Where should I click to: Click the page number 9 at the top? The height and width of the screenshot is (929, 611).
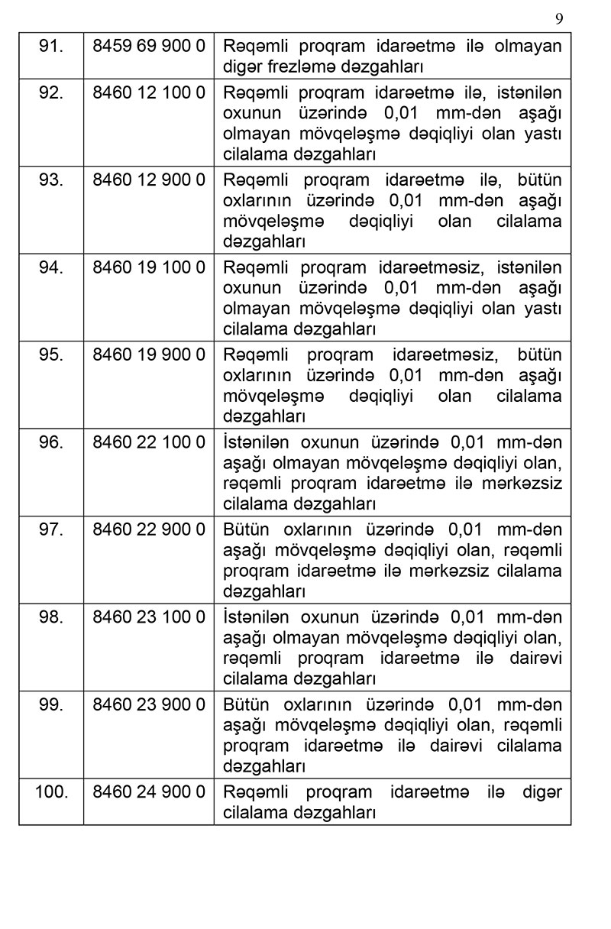coord(559,18)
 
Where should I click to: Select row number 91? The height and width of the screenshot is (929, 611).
coord(50,45)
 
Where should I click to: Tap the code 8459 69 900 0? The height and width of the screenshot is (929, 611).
coord(149,45)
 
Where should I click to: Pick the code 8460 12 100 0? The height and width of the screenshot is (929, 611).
coord(149,92)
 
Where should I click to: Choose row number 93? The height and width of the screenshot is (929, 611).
coord(50,180)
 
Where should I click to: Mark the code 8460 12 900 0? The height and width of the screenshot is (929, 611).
coord(149,180)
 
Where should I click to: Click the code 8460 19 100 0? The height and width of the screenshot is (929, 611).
coord(149,267)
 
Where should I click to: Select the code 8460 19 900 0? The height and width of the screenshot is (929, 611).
coord(149,355)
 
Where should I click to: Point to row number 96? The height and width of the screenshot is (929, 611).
coord(50,442)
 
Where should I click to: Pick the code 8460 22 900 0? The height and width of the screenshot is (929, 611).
coord(149,529)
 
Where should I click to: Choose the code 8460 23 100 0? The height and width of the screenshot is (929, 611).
coord(149,617)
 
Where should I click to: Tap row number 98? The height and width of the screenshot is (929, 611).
coord(50,617)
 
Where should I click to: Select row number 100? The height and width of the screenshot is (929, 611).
coord(51,791)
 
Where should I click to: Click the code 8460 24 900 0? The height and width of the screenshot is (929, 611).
coord(149,791)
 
